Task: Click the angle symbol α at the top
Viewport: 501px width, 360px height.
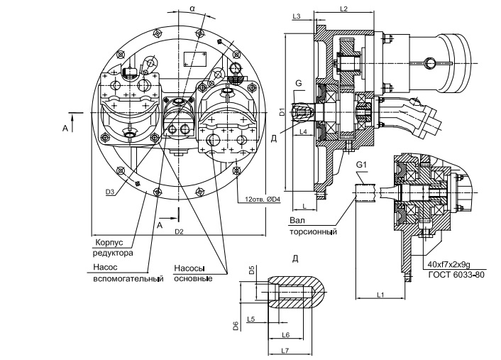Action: (x=192, y=8)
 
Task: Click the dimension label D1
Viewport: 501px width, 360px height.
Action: (x=282, y=111)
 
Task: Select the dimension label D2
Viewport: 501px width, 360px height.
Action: (x=179, y=232)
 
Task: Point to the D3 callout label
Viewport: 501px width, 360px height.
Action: (x=110, y=192)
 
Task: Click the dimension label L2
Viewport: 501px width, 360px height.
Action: (x=343, y=9)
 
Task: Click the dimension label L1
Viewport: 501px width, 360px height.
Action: (x=380, y=294)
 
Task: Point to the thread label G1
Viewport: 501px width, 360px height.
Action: (x=362, y=165)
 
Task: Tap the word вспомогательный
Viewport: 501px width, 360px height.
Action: (x=128, y=278)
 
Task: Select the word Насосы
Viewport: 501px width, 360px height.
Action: (x=189, y=268)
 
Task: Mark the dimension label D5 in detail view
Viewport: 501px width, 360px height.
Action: (x=252, y=270)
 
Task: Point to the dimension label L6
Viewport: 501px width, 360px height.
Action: (x=286, y=334)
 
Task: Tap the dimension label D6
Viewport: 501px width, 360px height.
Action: (x=235, y=326)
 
